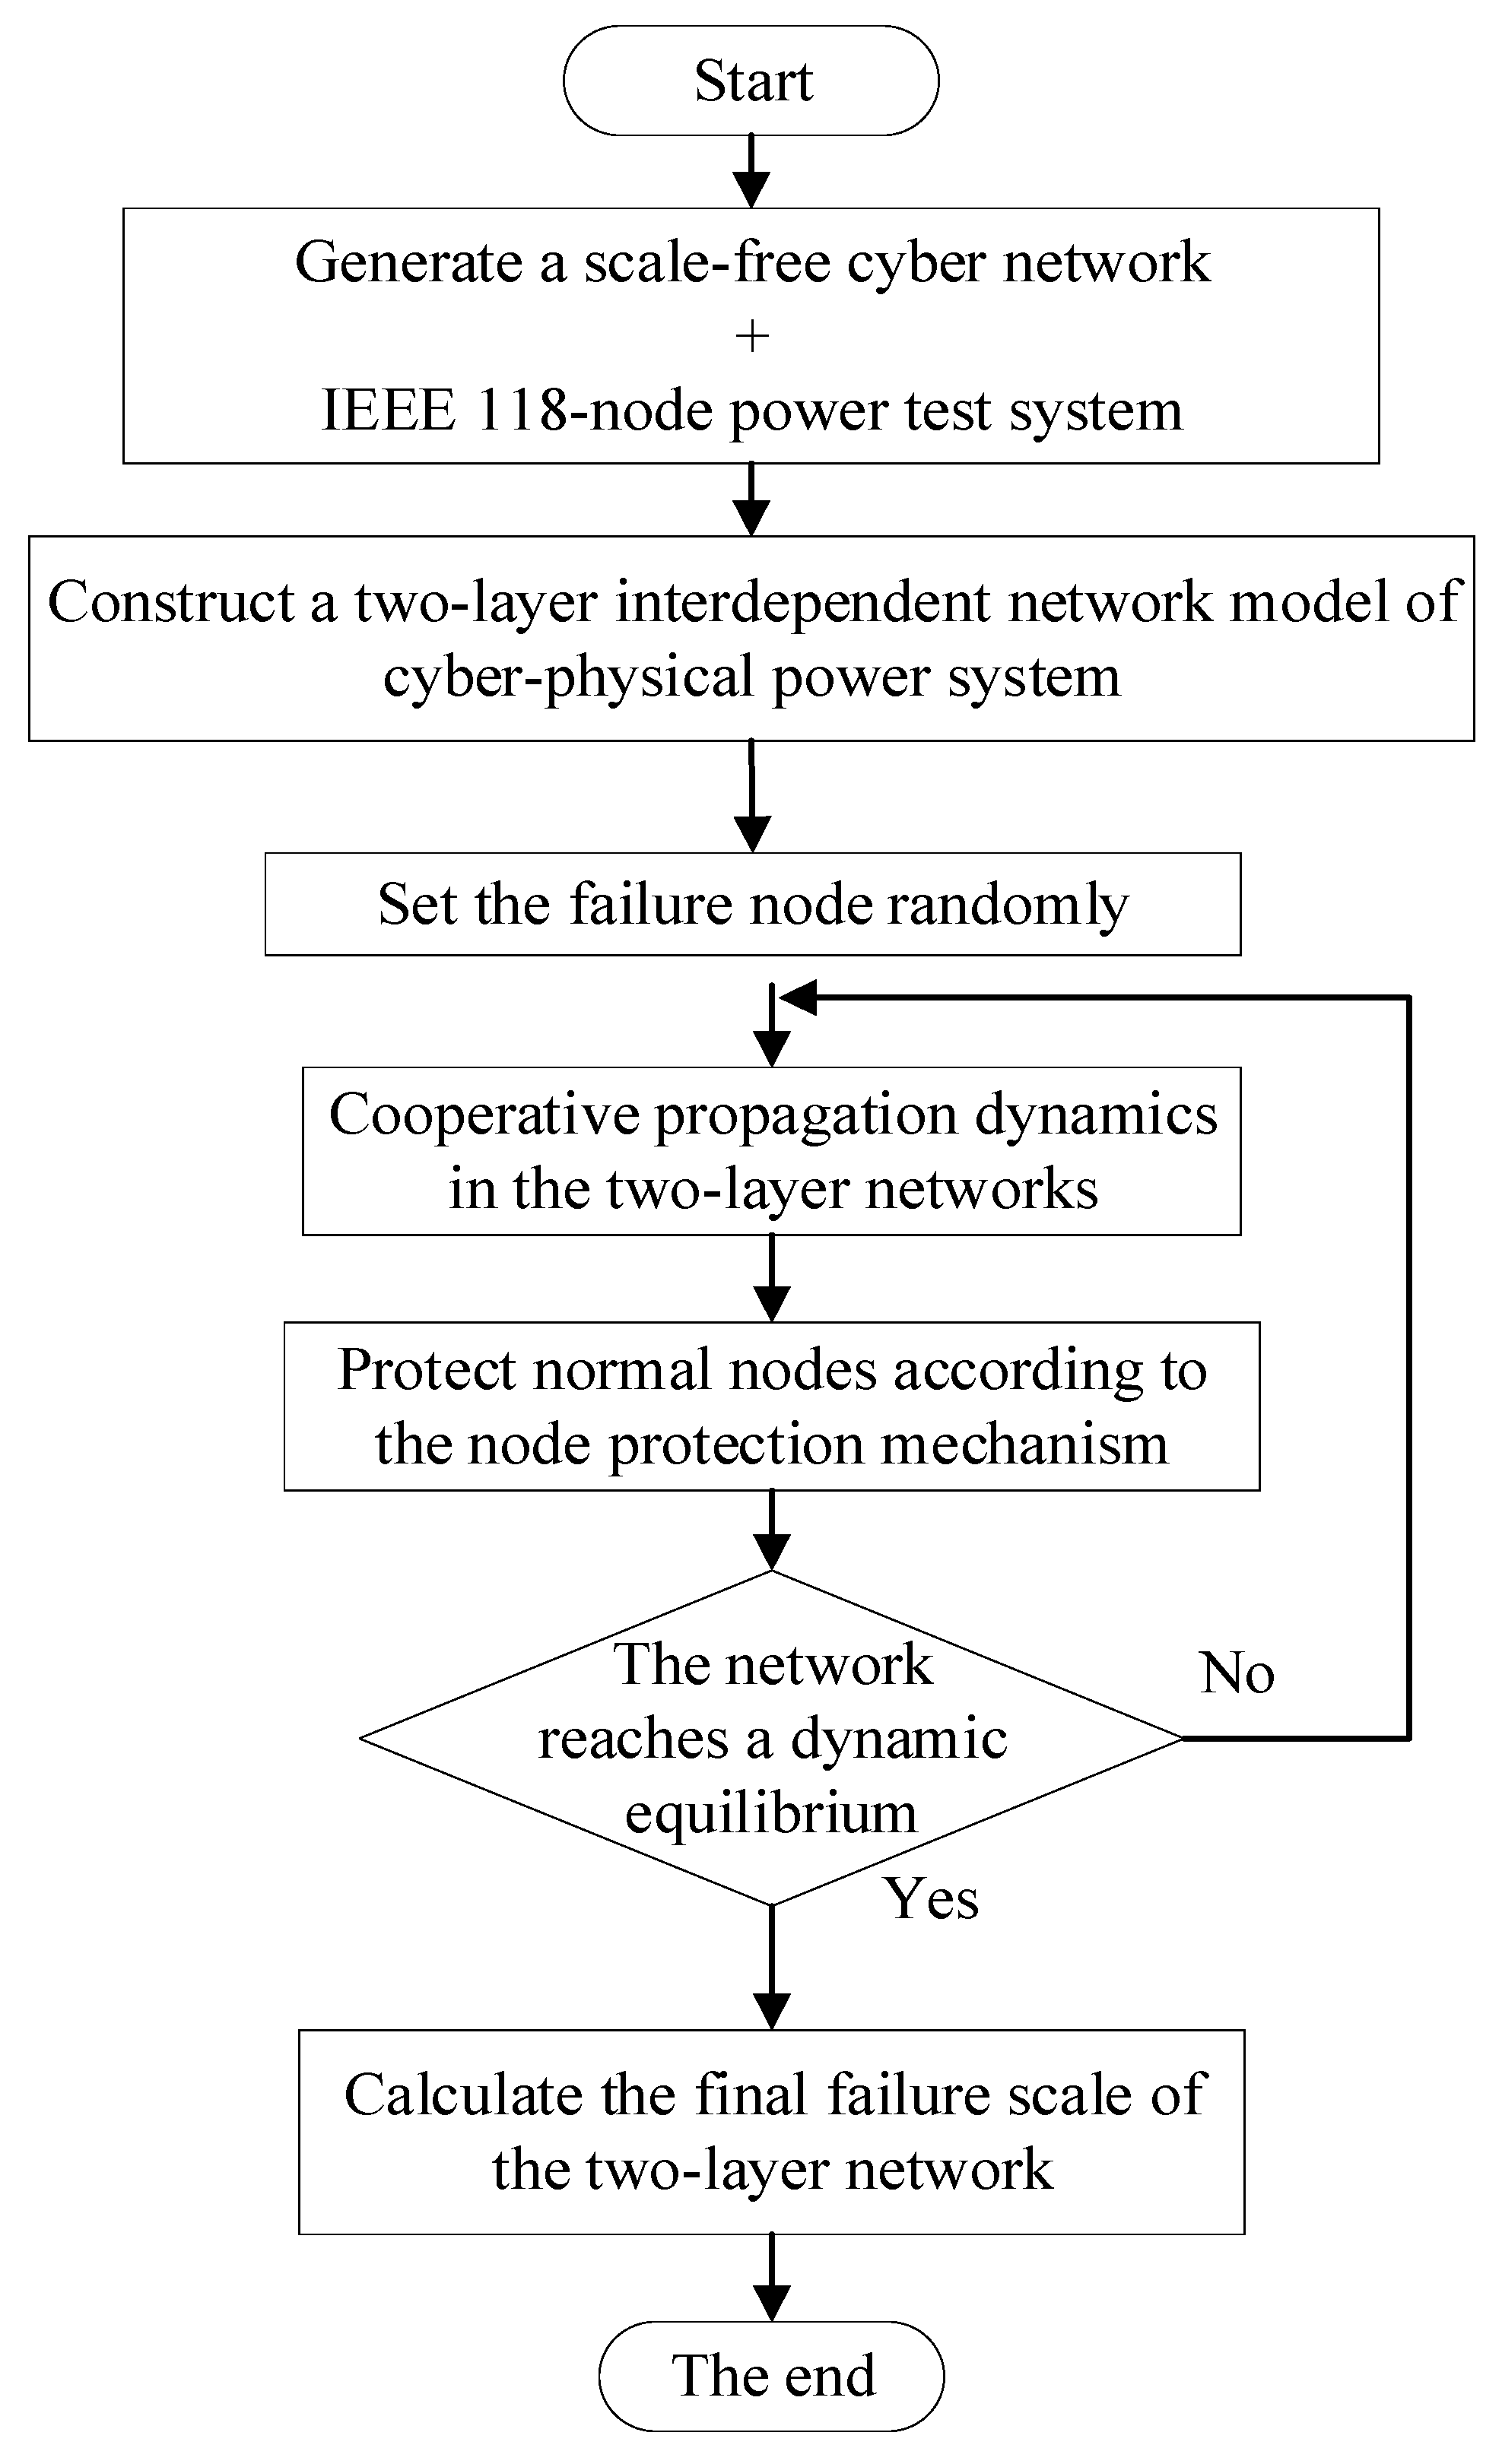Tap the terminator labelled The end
pos(771,2376)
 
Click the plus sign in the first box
pos(751,337)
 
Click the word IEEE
pos(388,410)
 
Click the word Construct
pos(171,603)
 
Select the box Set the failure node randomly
pos(752,904)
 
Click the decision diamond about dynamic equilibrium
pos(771,1740)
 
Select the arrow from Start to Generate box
pos(751,171)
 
